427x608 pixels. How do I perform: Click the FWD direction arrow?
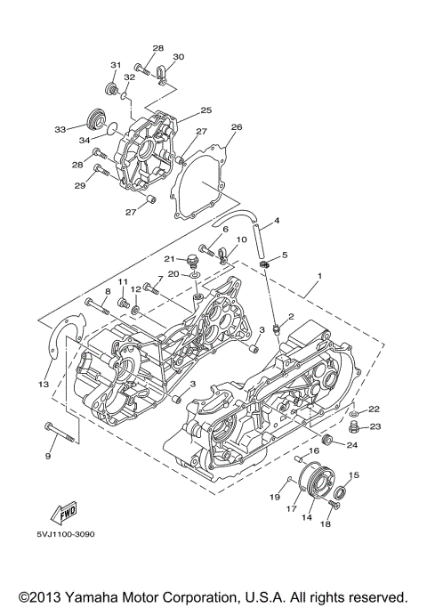coord(65,514)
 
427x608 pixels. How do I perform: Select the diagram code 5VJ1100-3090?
coord(66,534)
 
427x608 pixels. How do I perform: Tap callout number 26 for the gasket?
coord(236,127)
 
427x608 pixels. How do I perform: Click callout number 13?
coord(43,384)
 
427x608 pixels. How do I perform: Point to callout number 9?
coord(48,456)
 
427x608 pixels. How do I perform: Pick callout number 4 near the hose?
coord(277,221)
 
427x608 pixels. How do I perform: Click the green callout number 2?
coord(289,328)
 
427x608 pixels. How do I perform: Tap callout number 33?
coord(60,129)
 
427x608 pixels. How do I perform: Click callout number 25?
coord(205,110)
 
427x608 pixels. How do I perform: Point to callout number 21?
coord(167,258)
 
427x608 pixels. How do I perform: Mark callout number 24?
coord(352,444)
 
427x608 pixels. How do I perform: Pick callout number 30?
coord(178,56)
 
